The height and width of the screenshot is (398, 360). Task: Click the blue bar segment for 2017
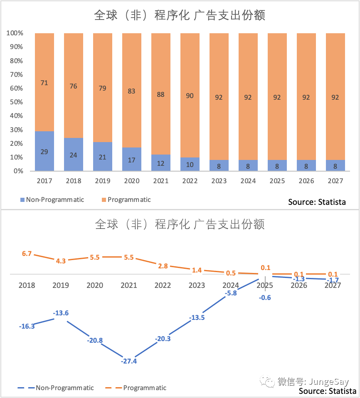[44, 151]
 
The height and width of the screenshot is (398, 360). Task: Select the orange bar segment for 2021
[161, 94]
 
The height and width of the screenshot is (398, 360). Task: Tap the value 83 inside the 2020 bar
[131, 91]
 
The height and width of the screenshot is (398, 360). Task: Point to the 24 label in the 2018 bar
[73, 155]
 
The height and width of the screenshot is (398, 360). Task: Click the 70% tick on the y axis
[16, 74]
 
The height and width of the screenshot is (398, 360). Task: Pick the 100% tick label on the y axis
[15, 33]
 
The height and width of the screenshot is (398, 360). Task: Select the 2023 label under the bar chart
[219, 181]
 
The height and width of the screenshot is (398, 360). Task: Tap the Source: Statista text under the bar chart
[317, 202]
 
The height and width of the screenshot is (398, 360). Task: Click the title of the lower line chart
[180, 225]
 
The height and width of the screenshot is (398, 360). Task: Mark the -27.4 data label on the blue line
[129, 361]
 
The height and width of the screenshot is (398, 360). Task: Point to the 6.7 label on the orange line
[27, 253]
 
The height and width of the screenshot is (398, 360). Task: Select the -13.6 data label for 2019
[61, 313]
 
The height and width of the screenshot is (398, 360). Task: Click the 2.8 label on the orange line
[163, 266]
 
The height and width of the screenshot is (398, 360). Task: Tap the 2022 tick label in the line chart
[163, 285]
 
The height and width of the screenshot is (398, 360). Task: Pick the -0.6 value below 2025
[264, 297]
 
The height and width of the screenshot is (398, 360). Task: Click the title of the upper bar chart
[180, 16]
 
